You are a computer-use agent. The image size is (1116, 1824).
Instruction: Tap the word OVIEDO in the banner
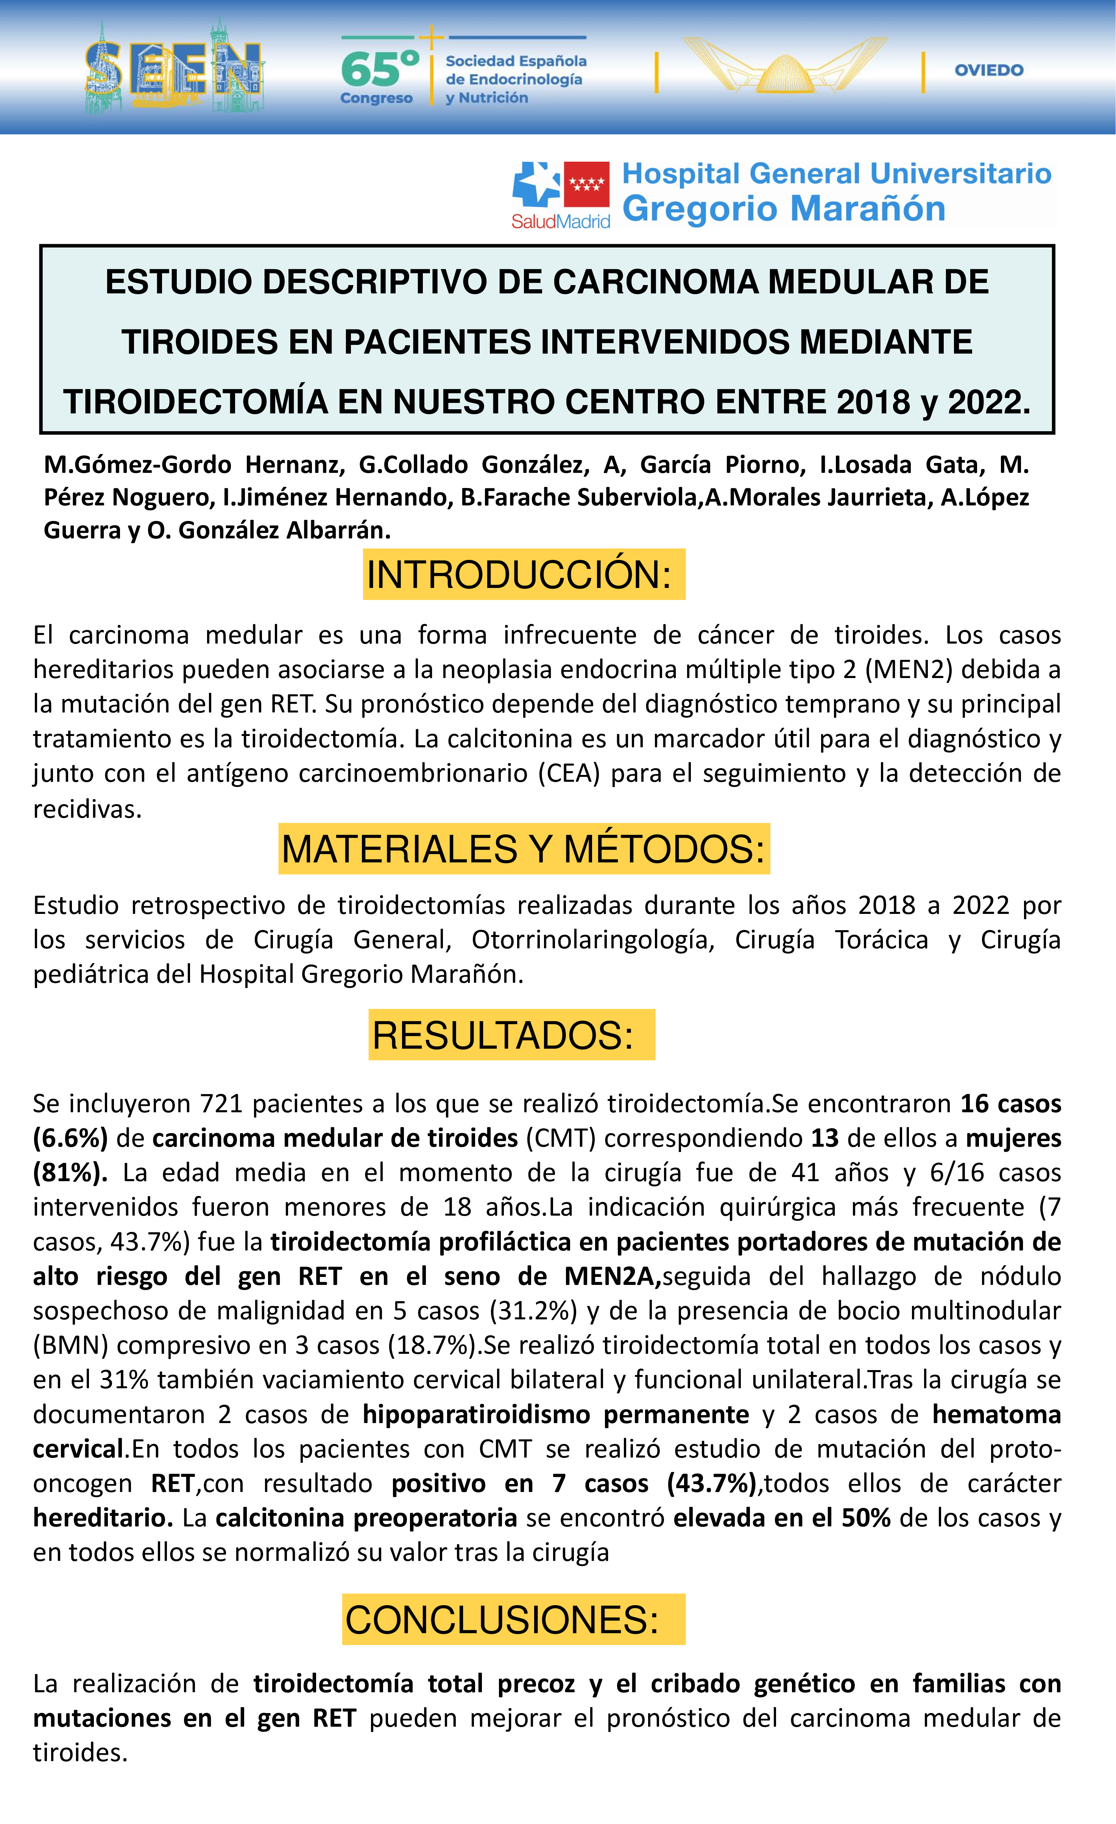[989, 70]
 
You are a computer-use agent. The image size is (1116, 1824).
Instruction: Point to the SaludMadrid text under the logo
[560, 221]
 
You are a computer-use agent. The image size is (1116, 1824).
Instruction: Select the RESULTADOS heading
[503, 1035]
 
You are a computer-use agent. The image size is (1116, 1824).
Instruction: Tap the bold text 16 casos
[1010, 1104]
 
